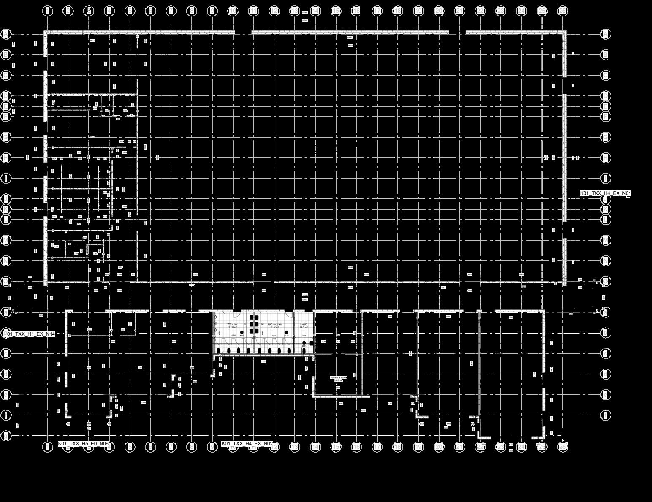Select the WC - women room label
pos(274,324)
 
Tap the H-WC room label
pos(304,324)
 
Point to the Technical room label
pos(338,377)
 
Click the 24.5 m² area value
pos(338,380)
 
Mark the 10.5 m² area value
pos(304,327)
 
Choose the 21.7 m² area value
pos(274,327)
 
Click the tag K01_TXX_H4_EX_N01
pos(606,193)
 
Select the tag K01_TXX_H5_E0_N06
pos(84,444)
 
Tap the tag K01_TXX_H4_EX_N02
pos(247,444)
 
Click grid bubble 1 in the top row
pos(47,11)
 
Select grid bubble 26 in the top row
pos(562,11)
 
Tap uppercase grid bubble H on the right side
pos(606,157)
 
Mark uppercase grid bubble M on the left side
pos(6,240)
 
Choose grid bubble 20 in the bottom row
pos(439,447)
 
